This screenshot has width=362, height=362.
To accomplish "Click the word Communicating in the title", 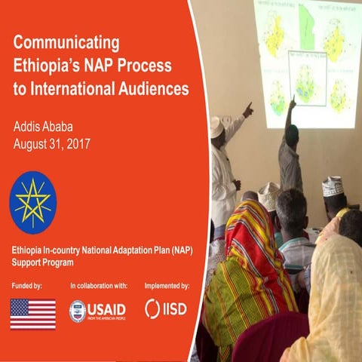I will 67,39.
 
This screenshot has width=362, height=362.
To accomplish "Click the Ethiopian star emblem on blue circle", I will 32,202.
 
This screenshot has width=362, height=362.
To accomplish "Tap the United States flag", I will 32,314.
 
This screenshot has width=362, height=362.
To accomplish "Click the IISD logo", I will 165,309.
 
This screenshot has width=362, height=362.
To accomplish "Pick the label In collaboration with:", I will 99,287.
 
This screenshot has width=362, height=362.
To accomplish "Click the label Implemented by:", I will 167,287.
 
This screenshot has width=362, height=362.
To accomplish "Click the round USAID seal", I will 78,311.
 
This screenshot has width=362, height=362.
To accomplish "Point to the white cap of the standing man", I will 217,126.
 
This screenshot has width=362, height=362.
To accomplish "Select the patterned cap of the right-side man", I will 333,185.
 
